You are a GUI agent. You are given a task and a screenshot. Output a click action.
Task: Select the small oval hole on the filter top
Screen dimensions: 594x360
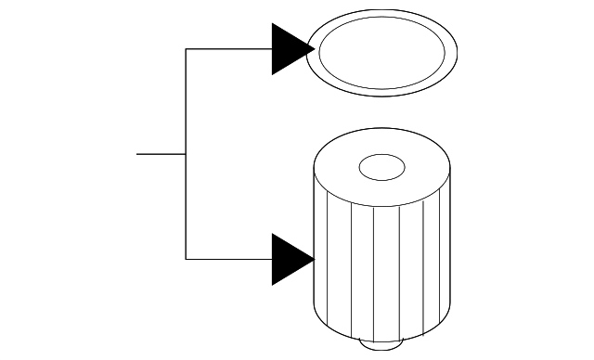click(381, 168)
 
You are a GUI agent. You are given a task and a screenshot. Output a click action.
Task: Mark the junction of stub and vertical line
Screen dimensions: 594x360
click(187, 154)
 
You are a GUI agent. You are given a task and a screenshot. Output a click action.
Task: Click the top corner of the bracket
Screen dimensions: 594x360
click(187, 49)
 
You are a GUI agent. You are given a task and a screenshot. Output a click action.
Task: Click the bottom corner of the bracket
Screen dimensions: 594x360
click(187, 259)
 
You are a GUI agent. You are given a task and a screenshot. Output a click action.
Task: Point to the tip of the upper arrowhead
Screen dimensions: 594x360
click(314, 49)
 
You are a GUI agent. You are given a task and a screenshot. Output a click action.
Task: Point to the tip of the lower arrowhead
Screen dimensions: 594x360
click(314, 259)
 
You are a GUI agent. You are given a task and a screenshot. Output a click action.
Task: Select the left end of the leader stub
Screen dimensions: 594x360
click(137, 154)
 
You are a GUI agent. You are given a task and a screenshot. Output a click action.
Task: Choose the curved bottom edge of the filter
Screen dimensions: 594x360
click(381, 336)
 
